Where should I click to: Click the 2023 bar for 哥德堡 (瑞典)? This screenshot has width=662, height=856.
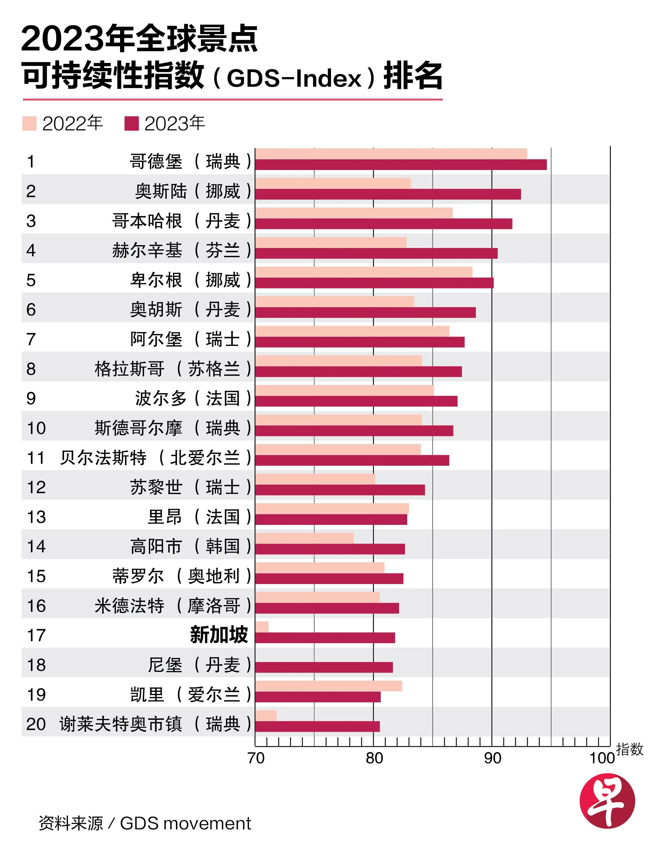pos(400,164)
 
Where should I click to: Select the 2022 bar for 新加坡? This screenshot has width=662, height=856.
pos(262,627)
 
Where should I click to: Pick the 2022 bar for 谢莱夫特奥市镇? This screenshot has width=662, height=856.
pos(266,715)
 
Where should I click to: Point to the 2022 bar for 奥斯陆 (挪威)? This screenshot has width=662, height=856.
pos(333,183)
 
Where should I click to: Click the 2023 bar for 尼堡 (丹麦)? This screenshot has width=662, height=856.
pos(324,667)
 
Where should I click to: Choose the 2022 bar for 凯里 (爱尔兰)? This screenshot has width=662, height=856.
pos(328,686)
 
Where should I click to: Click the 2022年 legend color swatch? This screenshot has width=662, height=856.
pos(29,124)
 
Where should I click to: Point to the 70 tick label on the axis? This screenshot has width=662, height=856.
pos(256,758)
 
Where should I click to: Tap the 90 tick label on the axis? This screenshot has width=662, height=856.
pos(492,758)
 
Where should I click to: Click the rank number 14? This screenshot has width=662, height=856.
pos(36,546)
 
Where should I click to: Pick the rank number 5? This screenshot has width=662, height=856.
pos(31,280)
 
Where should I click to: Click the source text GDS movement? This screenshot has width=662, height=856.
pos(185,823)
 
